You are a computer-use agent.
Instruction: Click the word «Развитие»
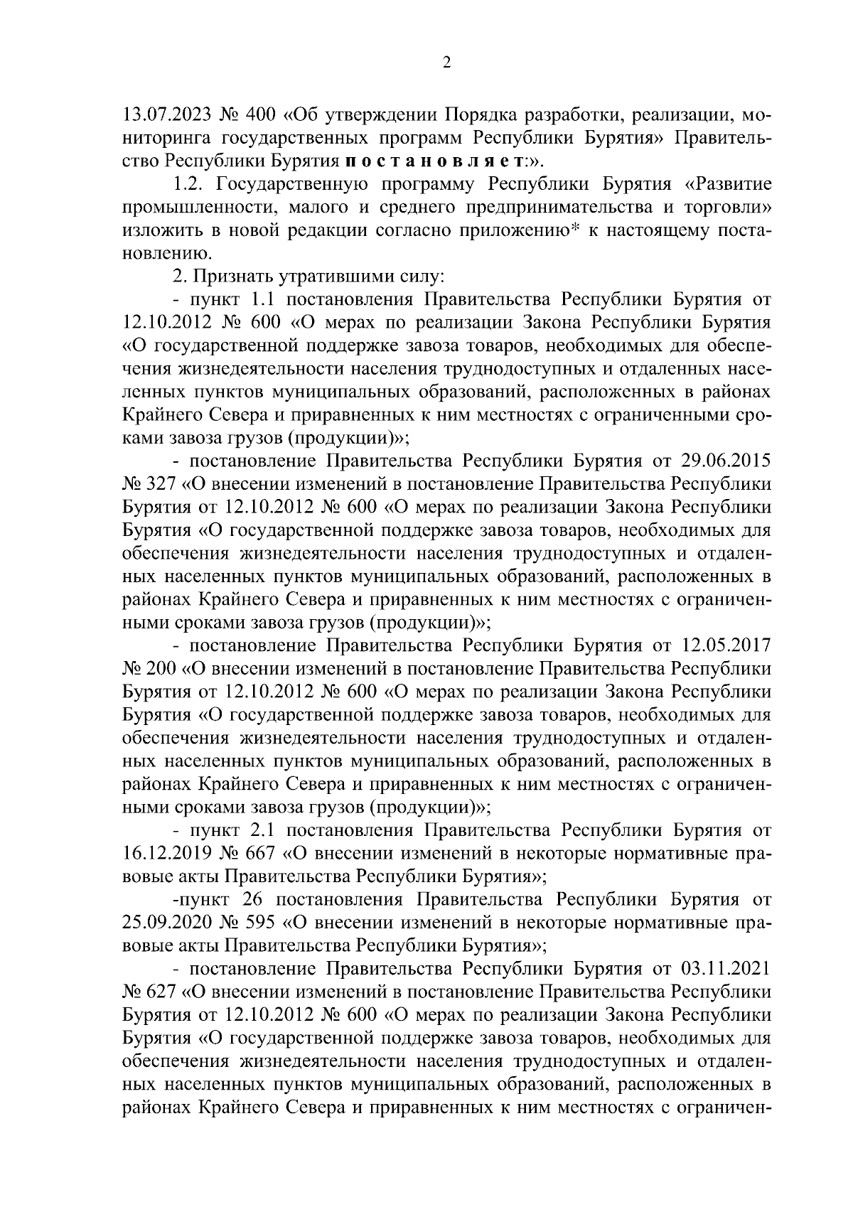click(734, 185)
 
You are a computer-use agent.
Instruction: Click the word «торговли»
click(734, 208)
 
